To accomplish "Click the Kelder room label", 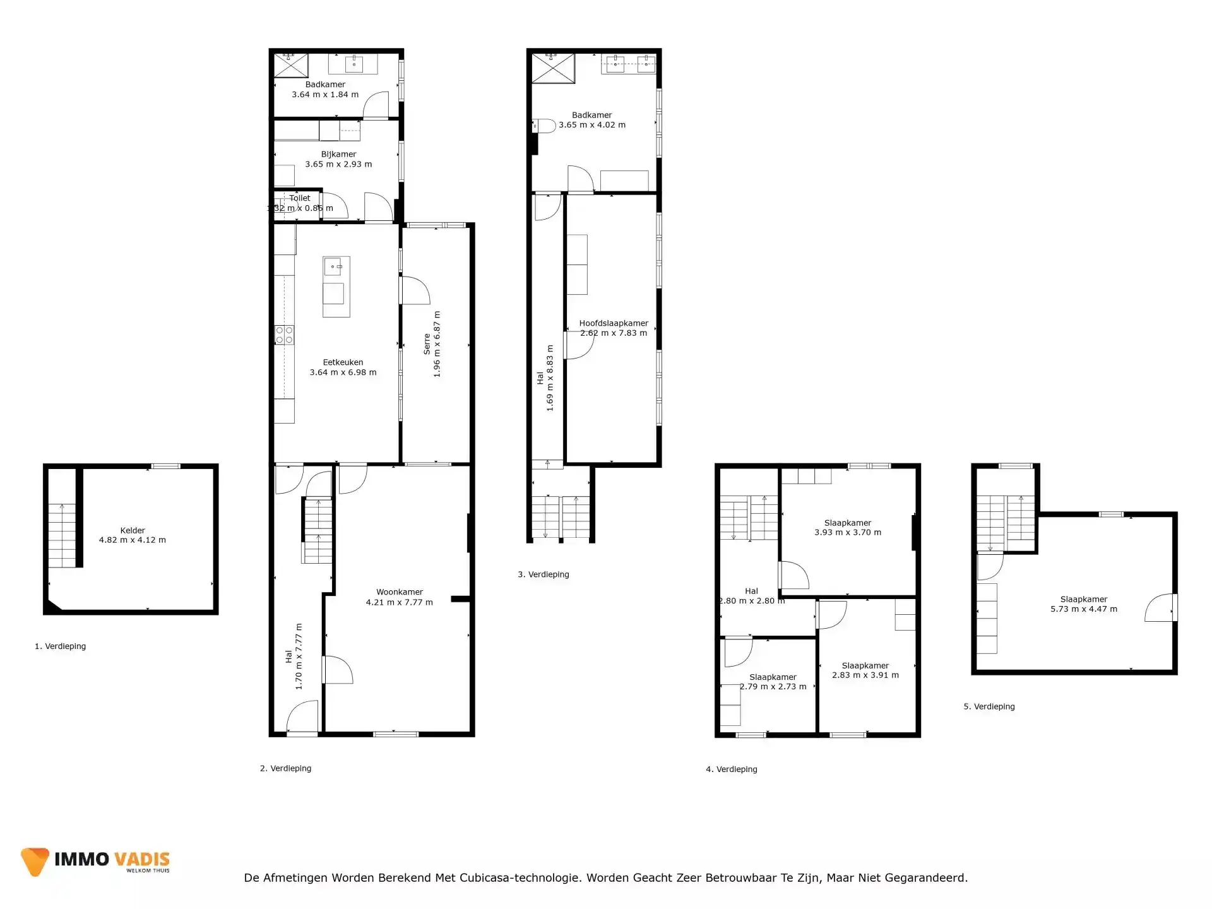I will click(133, 530).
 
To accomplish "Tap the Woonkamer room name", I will click(400, 592).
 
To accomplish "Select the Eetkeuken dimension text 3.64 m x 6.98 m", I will click(343, 372).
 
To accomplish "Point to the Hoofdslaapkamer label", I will click(614, 323).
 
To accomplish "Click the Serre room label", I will click(427, 344).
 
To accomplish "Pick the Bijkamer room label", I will click(338, 154).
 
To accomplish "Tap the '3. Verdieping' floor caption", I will click(544, 574).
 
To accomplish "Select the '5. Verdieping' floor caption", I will click(989, 706).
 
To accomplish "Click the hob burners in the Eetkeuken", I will click(284, 335).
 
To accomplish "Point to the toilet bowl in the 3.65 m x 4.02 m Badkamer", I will click(545, 126).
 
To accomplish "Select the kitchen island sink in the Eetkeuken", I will click(333, 266).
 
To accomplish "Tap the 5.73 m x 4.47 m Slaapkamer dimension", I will click(1084, 609).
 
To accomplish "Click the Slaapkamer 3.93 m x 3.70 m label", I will click(848, 523).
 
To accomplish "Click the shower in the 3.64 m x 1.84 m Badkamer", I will click(290, 66).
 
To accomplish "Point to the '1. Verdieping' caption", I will click(61, 646).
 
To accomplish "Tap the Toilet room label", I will click(300, 198).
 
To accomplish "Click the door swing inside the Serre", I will click(415, 291).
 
